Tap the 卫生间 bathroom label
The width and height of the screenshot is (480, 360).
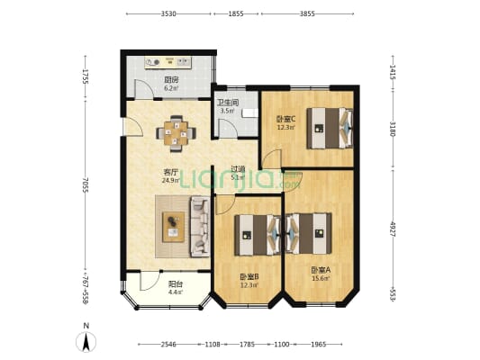tap(227, 103)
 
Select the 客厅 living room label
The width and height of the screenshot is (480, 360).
tap(169, 171)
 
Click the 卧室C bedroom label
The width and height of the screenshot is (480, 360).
tap(286, 118)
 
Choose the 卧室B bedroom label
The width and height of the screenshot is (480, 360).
tap(249, 276)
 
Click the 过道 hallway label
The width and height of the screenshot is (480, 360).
tap(238, 168)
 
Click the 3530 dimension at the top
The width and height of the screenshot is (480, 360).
tap(168, 14)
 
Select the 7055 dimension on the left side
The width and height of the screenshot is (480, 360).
tap(85, 184)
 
